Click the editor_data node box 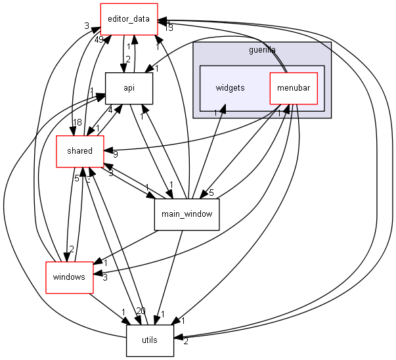pyautogui.click(x=129, y=19)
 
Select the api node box pyautogui.click(x=129, y=88)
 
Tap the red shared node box pyautogui.click(x=79, y=150)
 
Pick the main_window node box pyautogui.click(x=187, y=214)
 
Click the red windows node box pyautogui.click(x=69, y=277)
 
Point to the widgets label pyautogui.click(x=230, y=88)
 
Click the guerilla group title pyautogui.click(x=262, y=50)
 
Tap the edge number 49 pyautogui.click(x=99, y=40)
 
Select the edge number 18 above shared pyautogui.click(x=77, y=123)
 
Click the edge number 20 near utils pyautogui.click(x=141, y=311)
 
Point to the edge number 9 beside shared pyautogui.click(x=116, y=155)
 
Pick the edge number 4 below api pyautogui.click(x=110, y=110)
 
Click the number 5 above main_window pyautogui.click(x=211, y=192)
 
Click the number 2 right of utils pyautogui.click(x=186, y=341)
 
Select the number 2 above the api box pyautogui.click(x=127, y=60)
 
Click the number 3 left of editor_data pyautogui.click(x=87, y=26)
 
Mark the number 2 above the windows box pyautogui.click(x=71, y=248)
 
